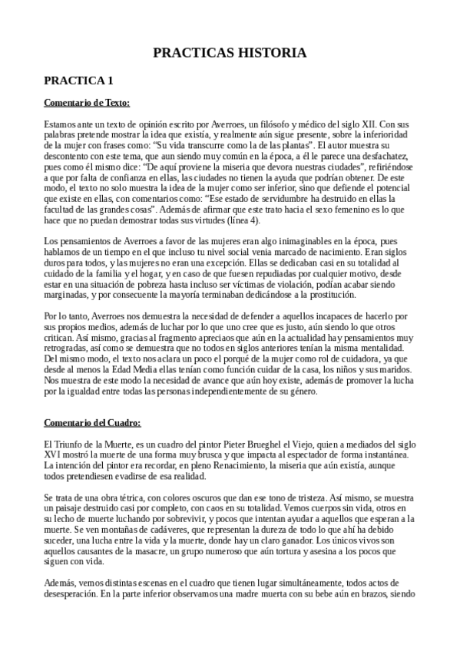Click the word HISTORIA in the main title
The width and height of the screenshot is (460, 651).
click(x=273, y=53)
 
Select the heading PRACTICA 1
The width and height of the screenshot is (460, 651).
click(x=78, y=80)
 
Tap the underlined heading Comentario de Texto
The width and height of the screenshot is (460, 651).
click(x=87, y=102)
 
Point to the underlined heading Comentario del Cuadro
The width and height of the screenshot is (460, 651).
click(x=92, y=422)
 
